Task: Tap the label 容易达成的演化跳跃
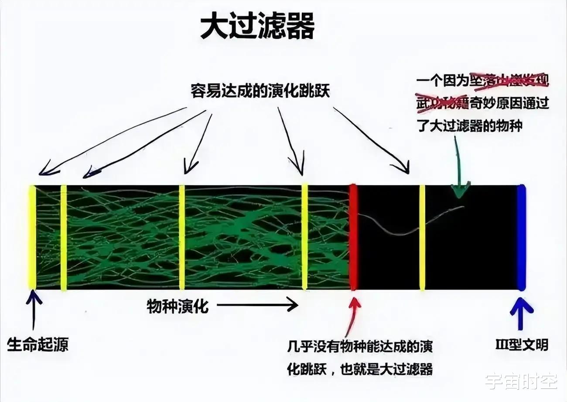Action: [260, 92]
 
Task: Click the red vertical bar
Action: [353, 238]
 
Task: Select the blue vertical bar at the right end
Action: [521, 238]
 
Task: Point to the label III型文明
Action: [522, 345]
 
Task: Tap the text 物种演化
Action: [178, 307]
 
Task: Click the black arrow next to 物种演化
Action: [257, 305]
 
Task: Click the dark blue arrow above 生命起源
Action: [34, 310]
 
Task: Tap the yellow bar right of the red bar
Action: [422, 238]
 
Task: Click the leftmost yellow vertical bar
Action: [32, 238]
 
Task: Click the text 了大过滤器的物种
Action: [470, 126]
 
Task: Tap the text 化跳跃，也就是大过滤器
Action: [360, 369]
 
